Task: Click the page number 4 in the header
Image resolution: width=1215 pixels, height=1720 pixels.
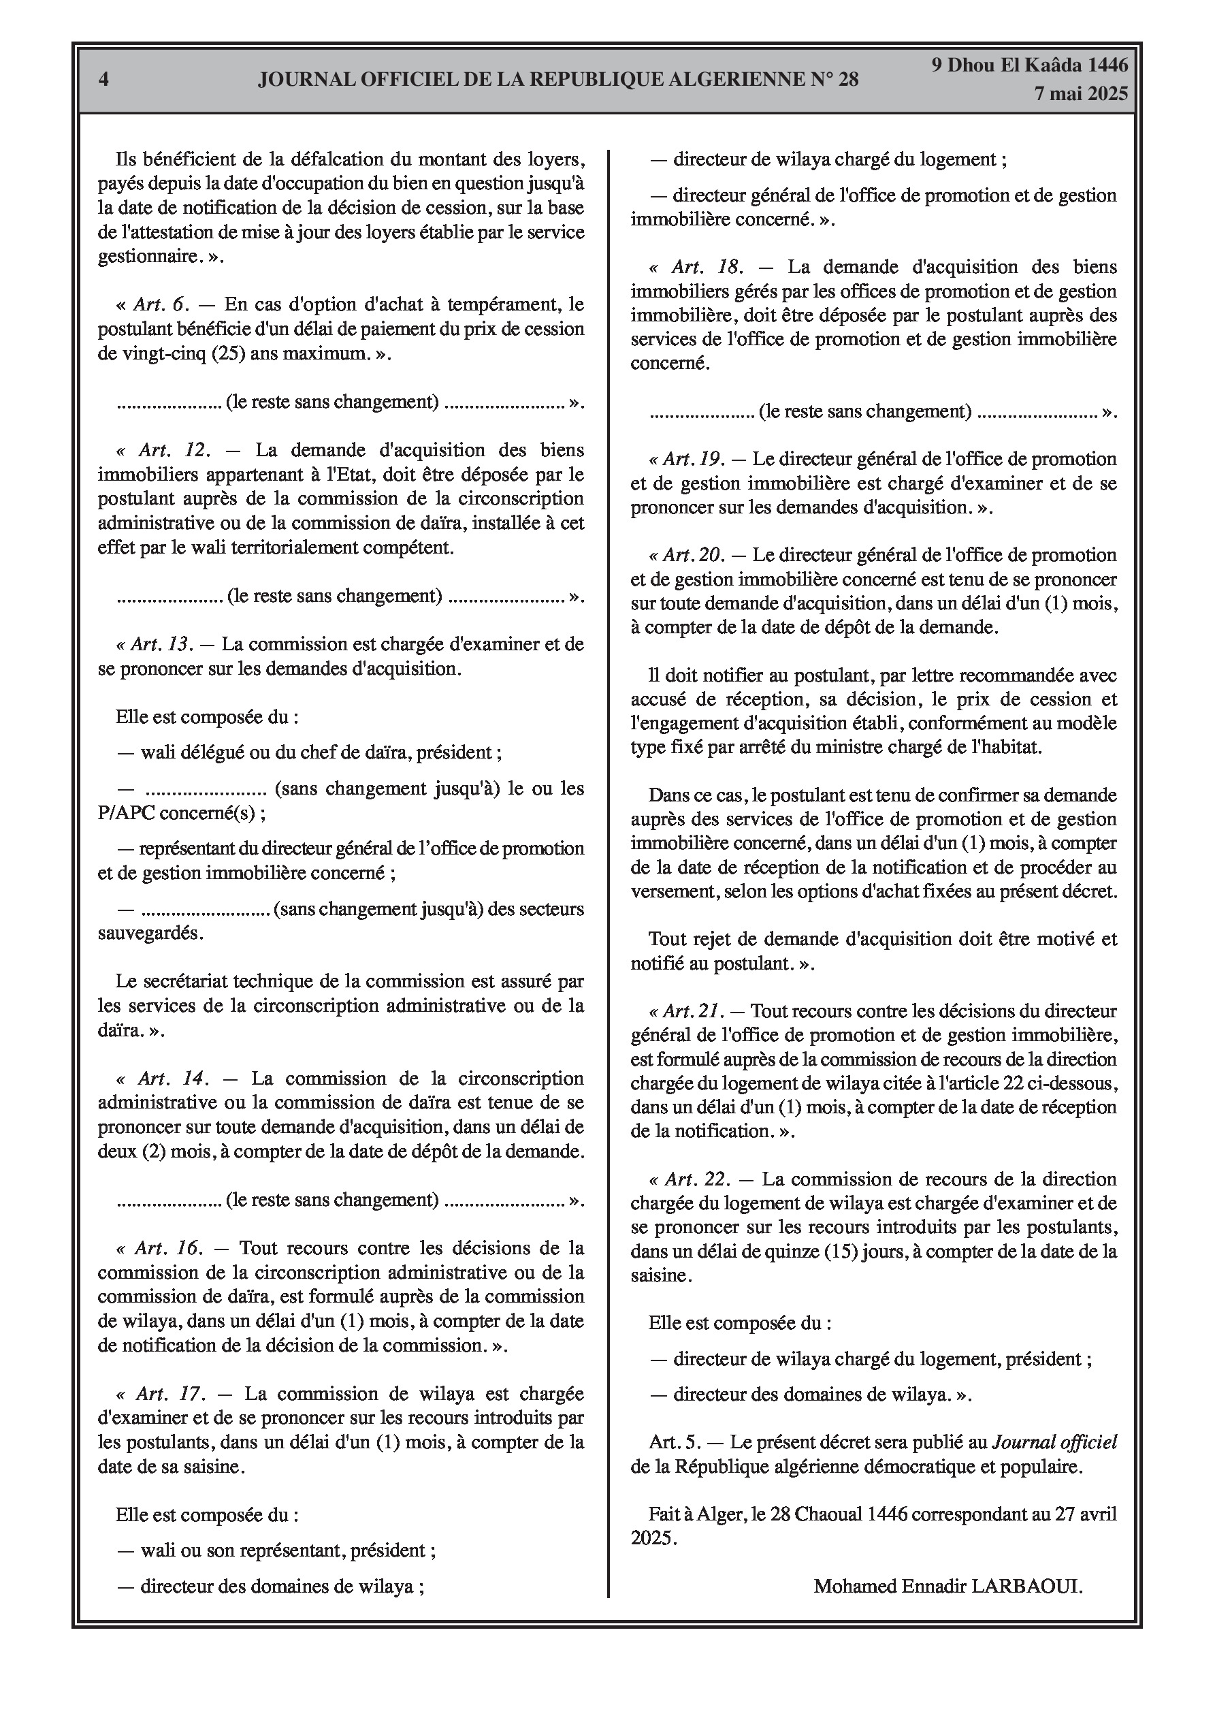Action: (103, 80)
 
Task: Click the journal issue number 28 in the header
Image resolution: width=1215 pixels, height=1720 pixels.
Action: (847, 80)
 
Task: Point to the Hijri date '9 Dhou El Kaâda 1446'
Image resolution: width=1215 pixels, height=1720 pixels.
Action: (1029, 65)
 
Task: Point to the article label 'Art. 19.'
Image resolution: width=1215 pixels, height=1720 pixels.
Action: (693, 459)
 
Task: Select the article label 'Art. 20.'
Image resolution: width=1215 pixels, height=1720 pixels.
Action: (693, 555)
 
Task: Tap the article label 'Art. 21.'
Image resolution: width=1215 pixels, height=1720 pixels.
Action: (692, 1011)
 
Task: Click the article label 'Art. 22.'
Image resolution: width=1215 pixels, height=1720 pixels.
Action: (696, 1179)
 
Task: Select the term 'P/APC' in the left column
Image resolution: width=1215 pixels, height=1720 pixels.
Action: (122, 813)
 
